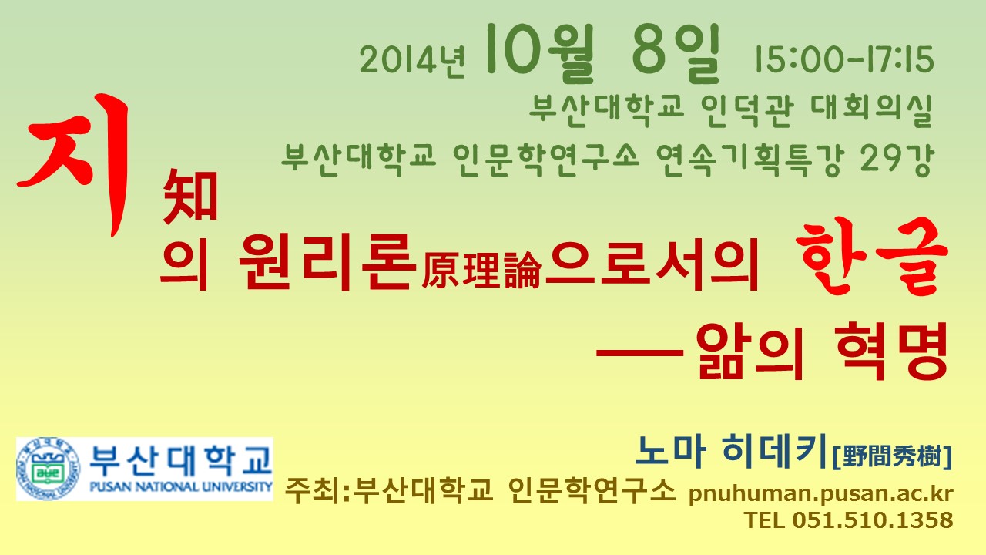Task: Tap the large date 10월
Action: (x=539, y=53)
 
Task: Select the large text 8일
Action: (x=676, y=54)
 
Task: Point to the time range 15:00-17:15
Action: (x=843, y=59)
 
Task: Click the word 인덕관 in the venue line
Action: (x=747, y=110)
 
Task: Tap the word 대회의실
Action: (x=871, y=110)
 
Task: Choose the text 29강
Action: (x=896, y=160)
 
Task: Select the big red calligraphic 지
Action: (x=74, y=164)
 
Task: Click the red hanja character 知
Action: (x=190, y=196)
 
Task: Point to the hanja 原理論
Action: (x=481, y=271)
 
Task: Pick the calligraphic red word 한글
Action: (x=871, y=257)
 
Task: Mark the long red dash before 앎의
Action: (x=639, y=352)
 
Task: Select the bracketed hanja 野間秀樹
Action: (x=893, y=456)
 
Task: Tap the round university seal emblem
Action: (x=49, y=469)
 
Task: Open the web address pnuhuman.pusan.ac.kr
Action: (x=820, y=493)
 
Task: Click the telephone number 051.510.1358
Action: (x=873, y=520)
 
